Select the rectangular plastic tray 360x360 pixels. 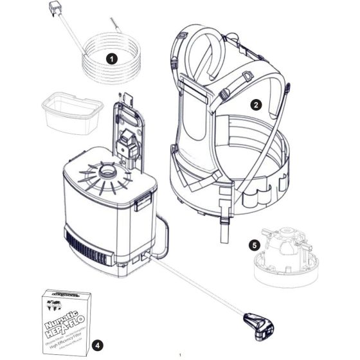pyautogui.click(x=69, y=114)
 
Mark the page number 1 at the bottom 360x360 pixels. pyautogui.click(x=181, y=354)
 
